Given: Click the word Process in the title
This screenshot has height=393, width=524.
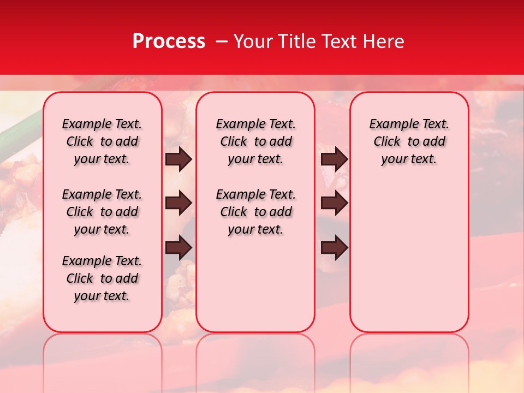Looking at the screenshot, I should (169, 41).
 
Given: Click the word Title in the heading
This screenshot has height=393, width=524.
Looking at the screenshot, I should (295, 41).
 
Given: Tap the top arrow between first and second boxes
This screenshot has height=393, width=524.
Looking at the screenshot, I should (178, 159).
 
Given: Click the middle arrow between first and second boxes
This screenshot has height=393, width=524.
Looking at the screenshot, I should (178, 204).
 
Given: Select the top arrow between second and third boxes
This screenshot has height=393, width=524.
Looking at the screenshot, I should (334, 159).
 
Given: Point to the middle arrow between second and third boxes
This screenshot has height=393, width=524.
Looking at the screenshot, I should (334, 204).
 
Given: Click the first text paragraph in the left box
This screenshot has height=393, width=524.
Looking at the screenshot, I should (102, 141).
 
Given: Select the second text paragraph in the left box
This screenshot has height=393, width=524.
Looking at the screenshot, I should (102, 212).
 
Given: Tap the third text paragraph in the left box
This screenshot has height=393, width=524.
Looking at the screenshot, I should (102, 278).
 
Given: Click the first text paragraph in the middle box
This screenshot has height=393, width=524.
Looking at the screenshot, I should (255, 141).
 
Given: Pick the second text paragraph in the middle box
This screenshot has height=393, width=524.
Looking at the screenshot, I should (255, 212).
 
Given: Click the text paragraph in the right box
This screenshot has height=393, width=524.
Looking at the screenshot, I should (409, 141).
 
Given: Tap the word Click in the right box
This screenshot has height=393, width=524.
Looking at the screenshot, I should (387, 142).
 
